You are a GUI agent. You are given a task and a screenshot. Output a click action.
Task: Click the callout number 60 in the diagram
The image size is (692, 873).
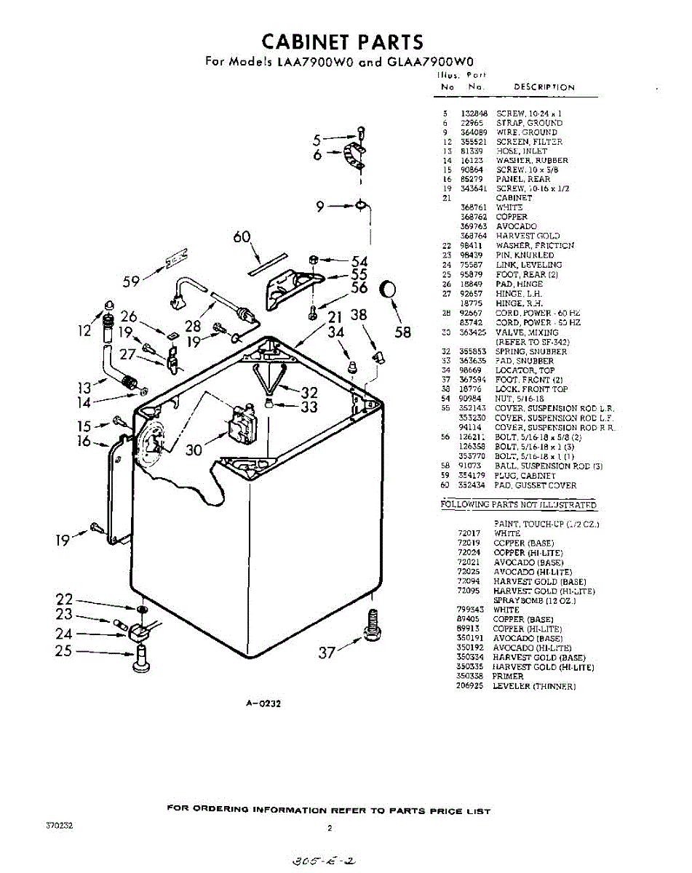click(x=242, y=238)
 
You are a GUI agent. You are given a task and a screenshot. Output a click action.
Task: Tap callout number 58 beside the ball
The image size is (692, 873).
click(x=402, y=332)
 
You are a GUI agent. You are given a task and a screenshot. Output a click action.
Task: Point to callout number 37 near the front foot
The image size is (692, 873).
click(x=327, y=653)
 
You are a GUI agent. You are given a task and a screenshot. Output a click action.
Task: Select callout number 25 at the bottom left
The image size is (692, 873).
click(x=64, y=650)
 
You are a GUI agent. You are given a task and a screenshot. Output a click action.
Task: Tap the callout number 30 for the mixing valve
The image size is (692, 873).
click(x=194, y=450)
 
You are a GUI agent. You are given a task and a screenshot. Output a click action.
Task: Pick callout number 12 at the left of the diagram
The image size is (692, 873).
click(x=84, y=332)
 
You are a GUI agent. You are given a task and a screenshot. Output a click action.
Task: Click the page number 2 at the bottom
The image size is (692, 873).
click(x=330, y=828)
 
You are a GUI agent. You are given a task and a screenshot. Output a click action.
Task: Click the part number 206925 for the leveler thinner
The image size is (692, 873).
click(x=470, y=686)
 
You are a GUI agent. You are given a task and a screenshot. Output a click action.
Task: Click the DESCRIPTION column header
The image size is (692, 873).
click(x=544, y=87)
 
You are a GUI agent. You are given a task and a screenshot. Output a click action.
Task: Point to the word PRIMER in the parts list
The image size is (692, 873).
click(x=508, y=677)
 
